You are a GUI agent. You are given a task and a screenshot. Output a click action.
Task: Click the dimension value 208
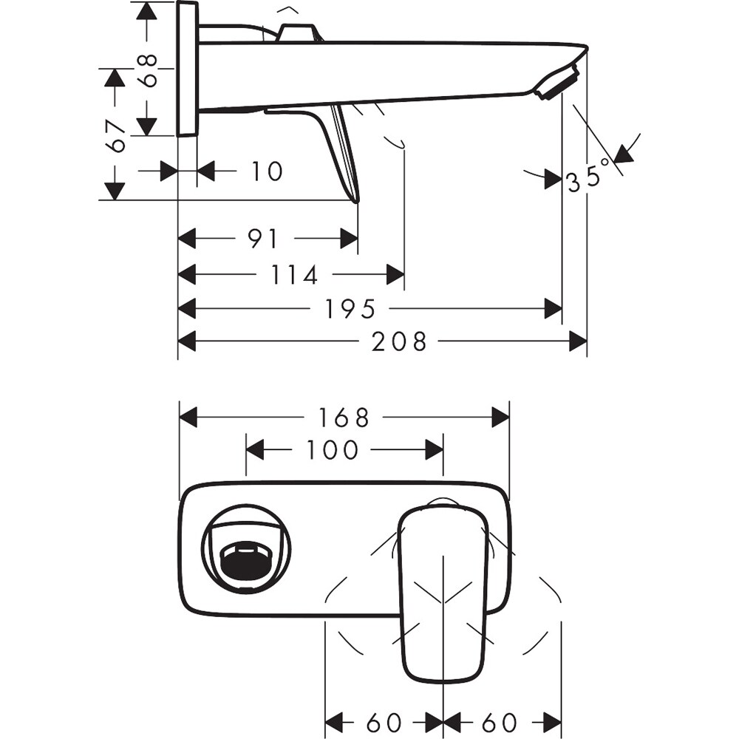pyautogui.click(x=399, y=341)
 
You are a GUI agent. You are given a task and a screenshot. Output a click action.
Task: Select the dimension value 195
pyautogui.click(x=350, y=309)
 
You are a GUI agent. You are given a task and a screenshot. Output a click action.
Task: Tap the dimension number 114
pyautogui.click(x=295, y=275)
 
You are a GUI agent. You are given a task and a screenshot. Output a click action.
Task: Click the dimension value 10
pyautogui.click(x=266, y=171)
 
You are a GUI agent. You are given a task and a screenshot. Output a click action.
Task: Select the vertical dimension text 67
pyautogui.click(x=115, y=135)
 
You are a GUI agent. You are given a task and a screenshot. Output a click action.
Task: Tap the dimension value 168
pyautogui.click(x=344, y=418)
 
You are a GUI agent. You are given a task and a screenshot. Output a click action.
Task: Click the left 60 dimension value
pyautogui.click(x=384, y=721)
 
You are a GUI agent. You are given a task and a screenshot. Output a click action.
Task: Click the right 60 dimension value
pyautogui.click(x=500, y=721)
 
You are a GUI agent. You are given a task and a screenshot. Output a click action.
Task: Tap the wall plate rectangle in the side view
pyautogui.click(x=187, y=69)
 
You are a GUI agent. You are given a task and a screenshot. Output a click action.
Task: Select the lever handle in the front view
pyautogui.click(x=442, y=591)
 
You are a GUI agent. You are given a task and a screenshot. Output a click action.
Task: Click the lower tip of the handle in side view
pyautogui.click(x=356, y=198)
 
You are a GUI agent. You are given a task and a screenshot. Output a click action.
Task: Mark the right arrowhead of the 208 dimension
pyautogui.click(x=578, y=341)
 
